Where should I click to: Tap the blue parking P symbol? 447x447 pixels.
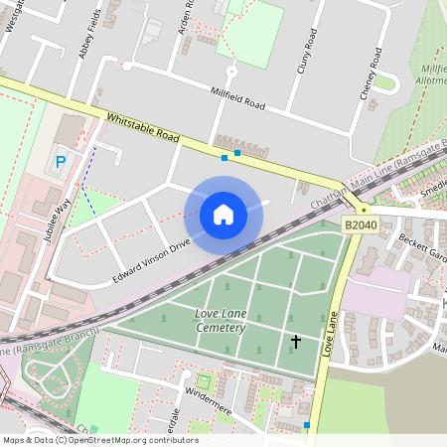point(61,162)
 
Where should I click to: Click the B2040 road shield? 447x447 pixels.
point(363,226)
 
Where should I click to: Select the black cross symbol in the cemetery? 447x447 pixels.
point(295,343)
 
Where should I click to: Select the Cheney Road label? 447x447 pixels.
point(371,74)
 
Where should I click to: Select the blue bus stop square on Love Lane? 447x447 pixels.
point(307,425)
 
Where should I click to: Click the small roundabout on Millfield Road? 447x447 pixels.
point(231,72)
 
